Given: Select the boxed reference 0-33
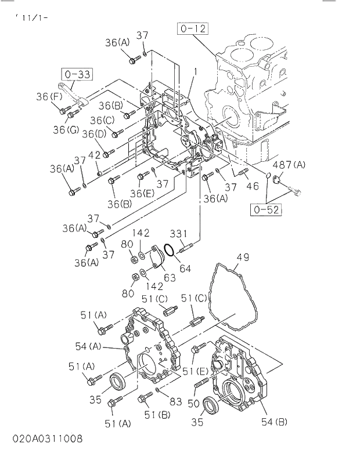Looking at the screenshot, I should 77,74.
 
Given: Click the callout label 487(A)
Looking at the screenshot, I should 289,164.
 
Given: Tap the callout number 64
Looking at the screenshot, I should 184,269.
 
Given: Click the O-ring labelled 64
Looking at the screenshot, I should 169,250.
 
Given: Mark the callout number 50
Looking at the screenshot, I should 193,403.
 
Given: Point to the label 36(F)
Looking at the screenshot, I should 49,96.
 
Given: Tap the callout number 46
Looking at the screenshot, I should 252,186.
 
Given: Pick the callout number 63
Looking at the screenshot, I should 169,277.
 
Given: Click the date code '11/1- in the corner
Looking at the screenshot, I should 32,18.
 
